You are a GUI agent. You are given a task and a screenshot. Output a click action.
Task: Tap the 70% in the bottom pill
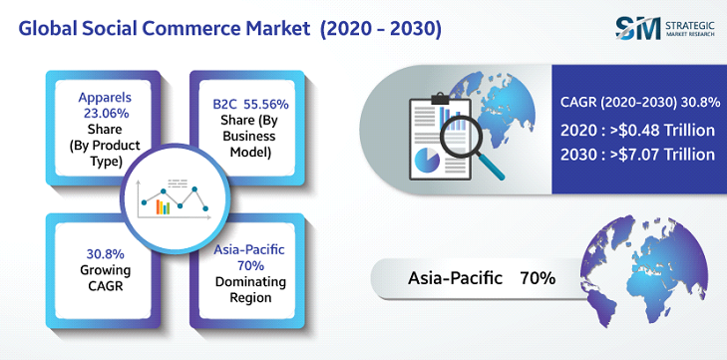[x=537, y=278]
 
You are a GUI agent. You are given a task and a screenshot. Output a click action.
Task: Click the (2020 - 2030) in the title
[x=381, y=28]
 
